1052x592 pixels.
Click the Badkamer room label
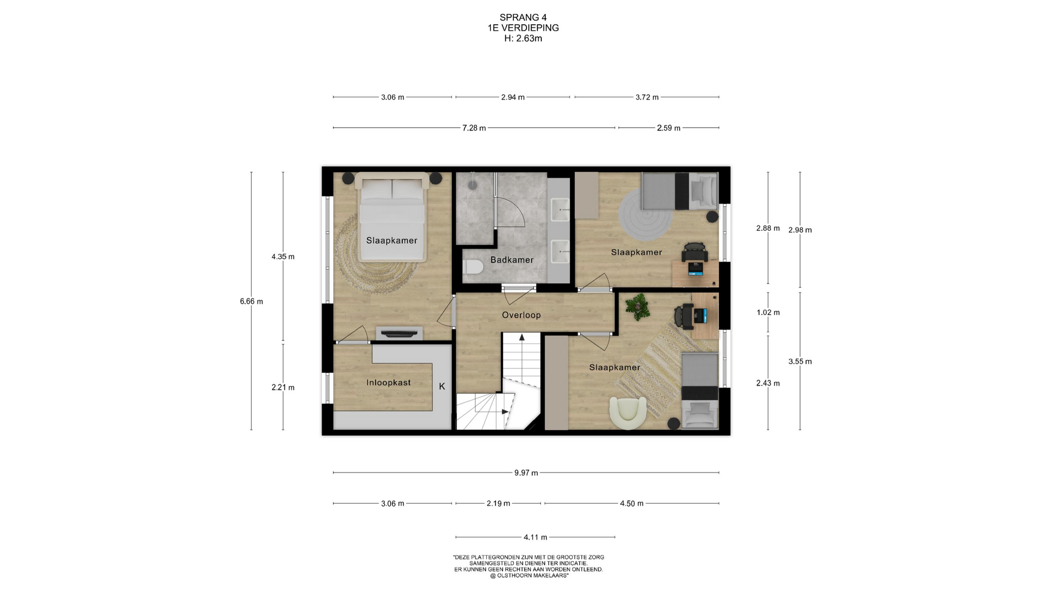[x=512, y=260]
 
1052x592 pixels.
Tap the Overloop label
[x=521, y=315]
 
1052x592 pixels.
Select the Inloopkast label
[x=388, y=383]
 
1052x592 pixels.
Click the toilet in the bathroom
[x=472, y=267]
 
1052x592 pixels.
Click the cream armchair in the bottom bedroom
[x=628, y=413]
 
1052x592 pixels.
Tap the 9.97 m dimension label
[x=526, y=473]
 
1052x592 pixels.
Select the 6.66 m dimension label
[x=251, y=301]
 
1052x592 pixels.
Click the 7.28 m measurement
[x=474, y=128]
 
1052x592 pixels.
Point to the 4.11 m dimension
[x=535, y=537]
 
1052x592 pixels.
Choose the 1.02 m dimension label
[x=768, y=312]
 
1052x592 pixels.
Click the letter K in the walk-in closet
[x=442, y=386]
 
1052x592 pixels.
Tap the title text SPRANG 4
[x=523, y=18]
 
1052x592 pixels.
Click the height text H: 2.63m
[x=523, y=38]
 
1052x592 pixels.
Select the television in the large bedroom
[x=399, y=333]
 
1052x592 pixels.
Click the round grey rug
[x=645, y=214]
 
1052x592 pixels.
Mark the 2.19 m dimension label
[x=498, y=503]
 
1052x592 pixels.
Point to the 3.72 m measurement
[x=647, y=97]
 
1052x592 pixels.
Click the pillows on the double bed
[x=392, y=190]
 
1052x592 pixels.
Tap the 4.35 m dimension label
[x=283, y=257]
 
